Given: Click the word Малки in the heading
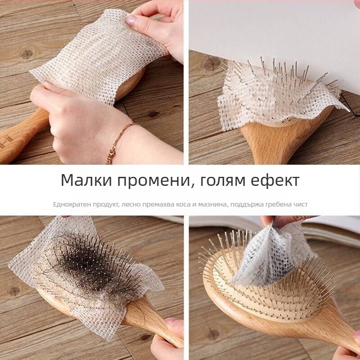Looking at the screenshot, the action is coord(86,180).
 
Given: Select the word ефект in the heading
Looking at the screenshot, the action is coord(275,181).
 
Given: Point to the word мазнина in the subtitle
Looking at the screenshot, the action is coord(212,204).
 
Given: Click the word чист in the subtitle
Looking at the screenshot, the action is coord(300,204).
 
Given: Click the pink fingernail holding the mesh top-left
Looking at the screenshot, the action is coord(130,20).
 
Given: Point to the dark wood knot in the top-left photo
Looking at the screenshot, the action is coord(27,54).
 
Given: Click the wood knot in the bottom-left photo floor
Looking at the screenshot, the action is coord(14,291).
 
